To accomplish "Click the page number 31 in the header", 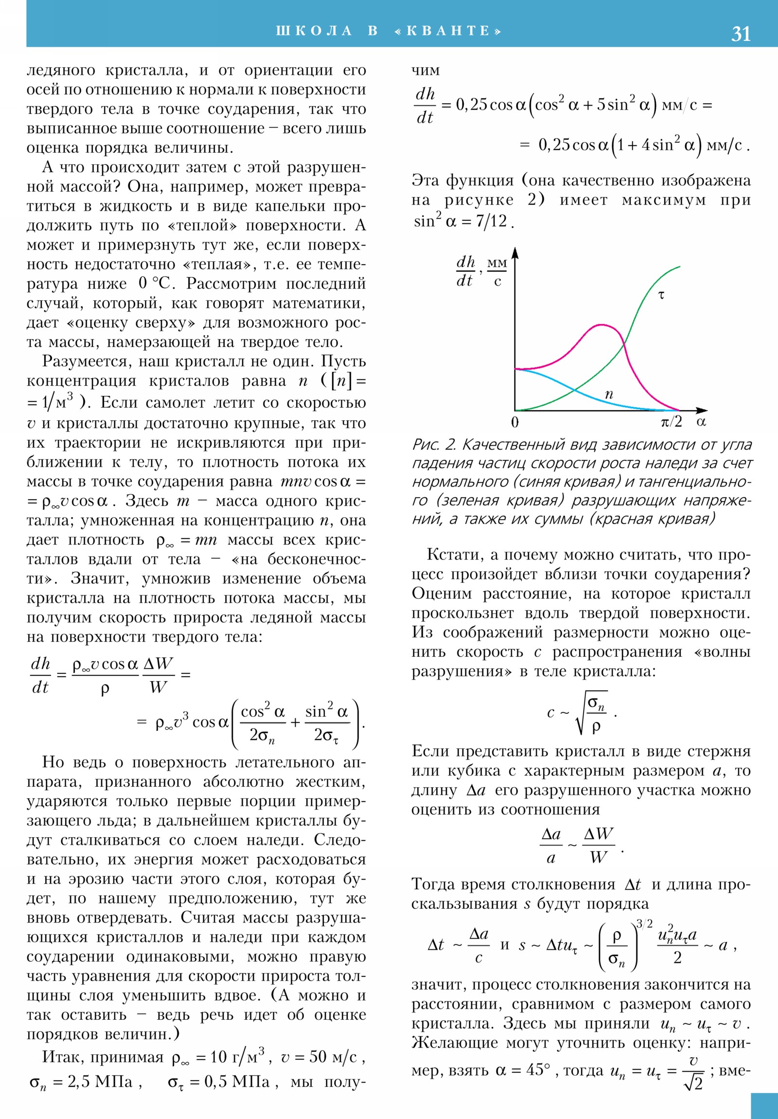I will (x=741, y=34).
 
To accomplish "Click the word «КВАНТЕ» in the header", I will (x=448, y=31).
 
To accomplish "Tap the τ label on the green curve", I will (x=661, y=295).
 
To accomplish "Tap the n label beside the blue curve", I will (x=608, y=394).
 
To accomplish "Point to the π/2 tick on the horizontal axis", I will (x=671, y=422).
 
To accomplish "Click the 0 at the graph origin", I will (x=514, y=422).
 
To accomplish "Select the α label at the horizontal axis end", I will (x=701, y=422).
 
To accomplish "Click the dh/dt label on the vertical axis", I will (x=465, y=271).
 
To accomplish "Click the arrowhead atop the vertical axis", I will (x=515, y=252).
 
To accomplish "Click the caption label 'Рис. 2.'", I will (x=434, y=445).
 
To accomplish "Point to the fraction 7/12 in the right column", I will (x=492, y=222).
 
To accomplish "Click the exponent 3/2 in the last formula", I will (x=644, y=923).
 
